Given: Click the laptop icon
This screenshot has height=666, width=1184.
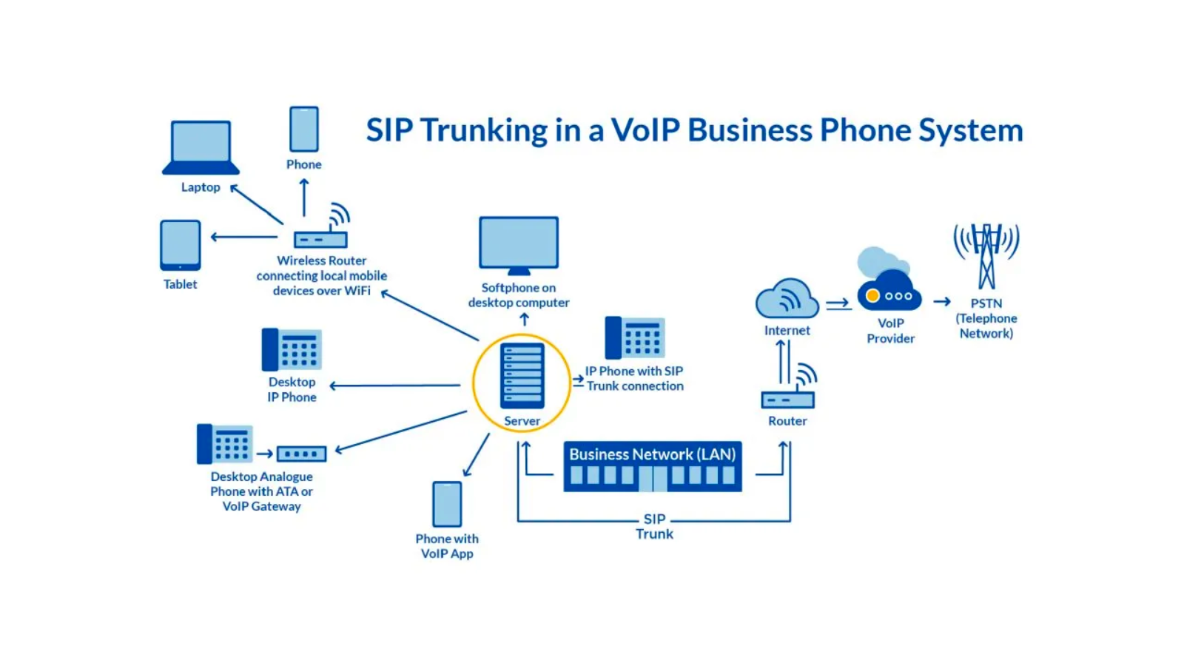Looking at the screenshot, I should [x=201, y=147].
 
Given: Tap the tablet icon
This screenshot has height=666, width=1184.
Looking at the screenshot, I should [x=181, y=245].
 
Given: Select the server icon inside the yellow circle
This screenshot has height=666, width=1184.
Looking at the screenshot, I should [x=522, y=375].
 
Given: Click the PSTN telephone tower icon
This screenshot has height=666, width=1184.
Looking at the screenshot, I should [x=986, y=255].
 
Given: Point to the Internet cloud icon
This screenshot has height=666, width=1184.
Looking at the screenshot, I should [x=787, y=299].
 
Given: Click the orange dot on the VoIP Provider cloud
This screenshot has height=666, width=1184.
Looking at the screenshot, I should [x=872, y=296].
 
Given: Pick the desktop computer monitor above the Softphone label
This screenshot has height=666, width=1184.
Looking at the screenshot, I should [x=519, y=243].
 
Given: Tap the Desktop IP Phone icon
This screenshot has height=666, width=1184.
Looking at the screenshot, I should [x=292, y=349].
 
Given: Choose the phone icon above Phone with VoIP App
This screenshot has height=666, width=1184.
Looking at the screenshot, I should [x=447, y=504].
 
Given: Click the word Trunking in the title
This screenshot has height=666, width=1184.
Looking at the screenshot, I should [x=484, y=130].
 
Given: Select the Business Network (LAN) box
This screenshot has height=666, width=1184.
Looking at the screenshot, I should [x=653, y=467].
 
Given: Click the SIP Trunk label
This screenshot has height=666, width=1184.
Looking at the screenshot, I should [x=655, y=526].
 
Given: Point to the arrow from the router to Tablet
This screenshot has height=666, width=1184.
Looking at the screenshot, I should [x=244, y=237].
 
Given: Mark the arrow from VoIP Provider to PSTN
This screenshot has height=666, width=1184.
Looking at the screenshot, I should [x=942, y=301].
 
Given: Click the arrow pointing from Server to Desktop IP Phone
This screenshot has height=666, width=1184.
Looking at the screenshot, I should [x=395, y=386].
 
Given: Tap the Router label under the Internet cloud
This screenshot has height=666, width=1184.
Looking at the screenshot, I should [x=787, y=421].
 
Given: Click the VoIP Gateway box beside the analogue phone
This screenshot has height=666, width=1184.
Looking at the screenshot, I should [x=301, y=454].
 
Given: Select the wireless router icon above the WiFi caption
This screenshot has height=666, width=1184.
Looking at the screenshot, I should [x=321, y=238].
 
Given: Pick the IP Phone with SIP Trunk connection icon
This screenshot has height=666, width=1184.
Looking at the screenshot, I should [x=635, y=337].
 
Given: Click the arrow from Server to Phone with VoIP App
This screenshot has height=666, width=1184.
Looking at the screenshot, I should [x=477, y=455].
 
